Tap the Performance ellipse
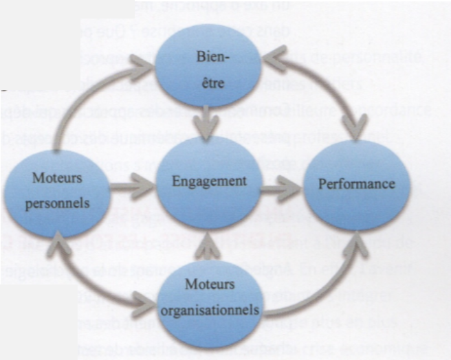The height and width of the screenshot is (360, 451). [357, 185]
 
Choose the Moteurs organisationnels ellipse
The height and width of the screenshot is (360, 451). [210, 297]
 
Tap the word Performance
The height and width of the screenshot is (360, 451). [357, 184]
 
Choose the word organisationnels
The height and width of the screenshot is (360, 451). [209, 309]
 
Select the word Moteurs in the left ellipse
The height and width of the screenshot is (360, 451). [56, 178]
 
